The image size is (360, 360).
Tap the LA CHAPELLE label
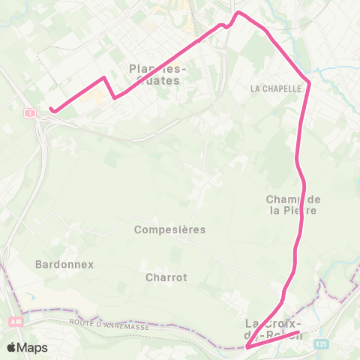(x=275, y=88)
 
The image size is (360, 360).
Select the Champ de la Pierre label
(x=294, y=204)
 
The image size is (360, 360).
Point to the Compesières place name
(x=169, y=229)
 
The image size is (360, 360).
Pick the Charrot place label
(x=167, y=277)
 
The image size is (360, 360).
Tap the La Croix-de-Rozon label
(x=274, y=328)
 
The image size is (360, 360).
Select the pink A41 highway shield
(x=16, y=321)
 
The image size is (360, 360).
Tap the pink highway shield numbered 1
(x=30, y=113)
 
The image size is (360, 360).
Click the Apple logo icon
(x=12, y=347)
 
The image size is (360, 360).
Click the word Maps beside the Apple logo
(x=33, y=347)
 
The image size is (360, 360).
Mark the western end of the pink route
(x=51, y=109)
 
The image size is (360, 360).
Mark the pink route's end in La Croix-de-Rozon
(x=298, y=332)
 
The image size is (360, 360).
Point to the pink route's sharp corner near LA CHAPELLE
(x=309, y=82)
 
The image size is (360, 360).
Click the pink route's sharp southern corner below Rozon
(x=247, y=347)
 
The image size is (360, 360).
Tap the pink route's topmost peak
(x=238, y=13)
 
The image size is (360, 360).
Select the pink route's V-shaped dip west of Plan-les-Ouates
(x=114, y=97)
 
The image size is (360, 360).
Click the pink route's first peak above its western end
(x=103, y=77)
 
